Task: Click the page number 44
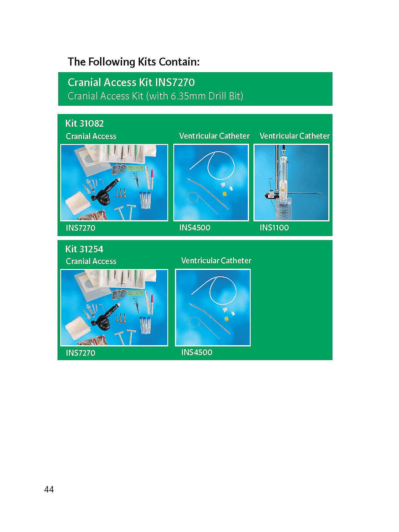click(x=49, y=489)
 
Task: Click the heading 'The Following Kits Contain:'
click(x=133, y=62)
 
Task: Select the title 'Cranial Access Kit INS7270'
click(x=131, y=82)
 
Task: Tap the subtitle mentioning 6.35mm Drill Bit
click(x=155, y=96)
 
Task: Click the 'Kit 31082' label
click(x=84, y=123)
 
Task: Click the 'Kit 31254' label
click(x=84, y=249)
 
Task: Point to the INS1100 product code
click(x=274, y=227)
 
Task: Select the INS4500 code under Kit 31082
click(x=195, y=227)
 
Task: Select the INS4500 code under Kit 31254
click(x=197, y=352)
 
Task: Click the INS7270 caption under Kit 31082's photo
click(x=80, y=228)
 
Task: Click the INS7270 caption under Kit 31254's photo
click(x=80, y=353)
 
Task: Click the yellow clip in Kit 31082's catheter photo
click(x=224, y=194)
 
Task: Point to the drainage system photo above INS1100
click(x=291, y=183)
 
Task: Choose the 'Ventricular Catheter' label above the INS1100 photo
click(x=295, y=136)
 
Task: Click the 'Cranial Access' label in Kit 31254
click(x=91, y=261)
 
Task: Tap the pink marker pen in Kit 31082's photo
click(x=152, y=179)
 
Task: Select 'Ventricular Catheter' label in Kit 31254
click(x=216, y=261)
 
